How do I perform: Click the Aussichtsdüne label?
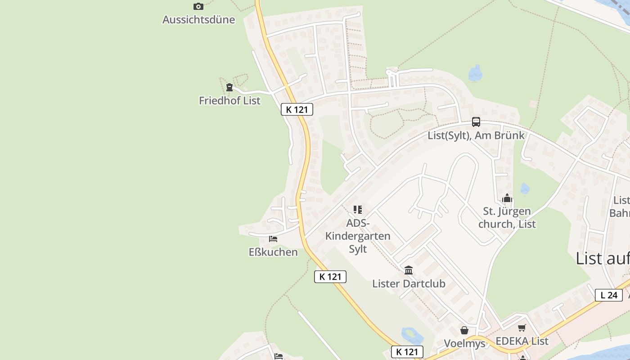[198, 19]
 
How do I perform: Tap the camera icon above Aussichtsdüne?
[198, 6]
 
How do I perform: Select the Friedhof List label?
[229, 100]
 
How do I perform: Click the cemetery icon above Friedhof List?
[229, 87]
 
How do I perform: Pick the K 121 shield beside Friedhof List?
[297, 109]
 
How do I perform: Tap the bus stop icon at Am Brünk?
[476, 122]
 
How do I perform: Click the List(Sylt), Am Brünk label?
[476, 135]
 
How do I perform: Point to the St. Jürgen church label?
[507, 217]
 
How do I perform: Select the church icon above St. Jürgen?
[507, 198]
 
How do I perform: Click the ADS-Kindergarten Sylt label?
[358, 236]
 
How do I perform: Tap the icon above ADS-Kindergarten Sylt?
[358, 209]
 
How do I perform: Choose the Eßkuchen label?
[273, 252]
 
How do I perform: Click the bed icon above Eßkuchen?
[273, 239]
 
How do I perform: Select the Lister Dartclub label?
[409, 283]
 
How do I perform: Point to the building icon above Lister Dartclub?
[409, 270]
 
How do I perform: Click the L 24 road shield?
[609, 295]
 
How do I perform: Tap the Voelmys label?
[464, 343]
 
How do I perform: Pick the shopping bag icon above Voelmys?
[464, 331]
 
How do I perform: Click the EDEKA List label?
[522, 341]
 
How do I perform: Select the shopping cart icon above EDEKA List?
[522, 328]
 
